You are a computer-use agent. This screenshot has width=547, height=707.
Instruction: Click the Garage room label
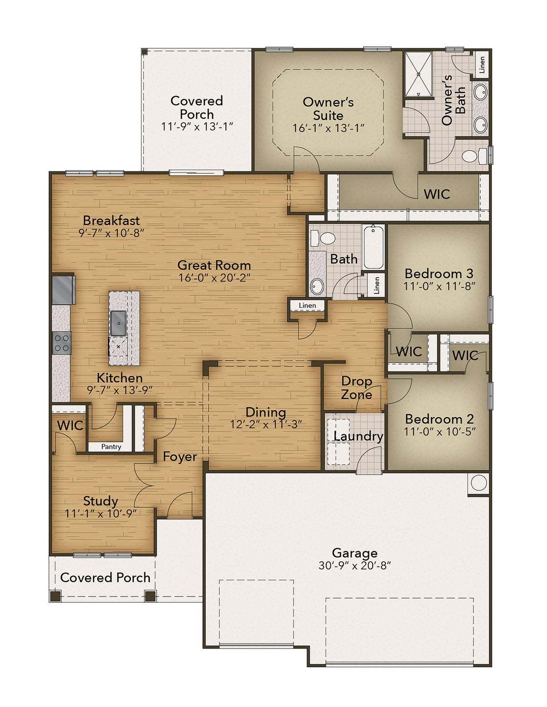(x=355, y=553)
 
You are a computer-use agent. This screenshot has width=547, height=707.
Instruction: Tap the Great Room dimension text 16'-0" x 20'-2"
(x=214, y=278)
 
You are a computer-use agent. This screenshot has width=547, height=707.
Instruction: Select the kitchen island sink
(x=118, y=322)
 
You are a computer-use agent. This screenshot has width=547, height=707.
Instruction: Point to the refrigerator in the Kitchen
(x=63, y=289)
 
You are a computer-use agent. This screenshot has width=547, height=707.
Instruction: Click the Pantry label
(x=111, y=447)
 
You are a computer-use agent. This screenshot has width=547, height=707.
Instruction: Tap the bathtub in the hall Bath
(x=374, y=247)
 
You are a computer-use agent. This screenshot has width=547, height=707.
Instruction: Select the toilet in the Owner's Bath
(x=471, y=156)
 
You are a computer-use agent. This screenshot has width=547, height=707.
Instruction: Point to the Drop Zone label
(x=356, y=388)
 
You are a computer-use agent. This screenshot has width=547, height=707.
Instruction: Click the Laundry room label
(x=358, y=436)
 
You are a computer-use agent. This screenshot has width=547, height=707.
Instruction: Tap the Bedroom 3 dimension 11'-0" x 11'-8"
(x=439, y=286)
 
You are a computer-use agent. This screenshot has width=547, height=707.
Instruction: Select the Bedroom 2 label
(x=439, y=419)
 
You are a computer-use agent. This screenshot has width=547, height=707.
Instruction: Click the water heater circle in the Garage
(x=478, y=483)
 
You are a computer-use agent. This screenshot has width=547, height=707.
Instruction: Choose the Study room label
(x=100, y=501)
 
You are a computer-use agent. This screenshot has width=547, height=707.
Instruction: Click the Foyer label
(x=180, y=457)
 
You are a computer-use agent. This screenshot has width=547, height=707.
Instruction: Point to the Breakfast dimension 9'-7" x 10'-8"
(x=111, y=233)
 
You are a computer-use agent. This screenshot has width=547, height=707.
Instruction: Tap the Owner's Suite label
(x=328, y=109)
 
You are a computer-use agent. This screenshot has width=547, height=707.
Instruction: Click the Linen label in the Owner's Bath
(x=482, y=64)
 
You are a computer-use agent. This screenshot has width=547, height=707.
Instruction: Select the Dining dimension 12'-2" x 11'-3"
(x=266, y=424)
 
